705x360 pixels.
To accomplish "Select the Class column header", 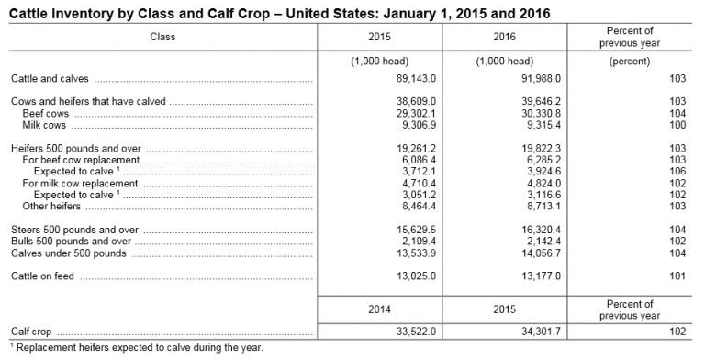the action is pos(163,38).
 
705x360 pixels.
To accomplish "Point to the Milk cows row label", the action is pos(45,125).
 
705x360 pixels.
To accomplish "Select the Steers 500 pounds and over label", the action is pos(74,229).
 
